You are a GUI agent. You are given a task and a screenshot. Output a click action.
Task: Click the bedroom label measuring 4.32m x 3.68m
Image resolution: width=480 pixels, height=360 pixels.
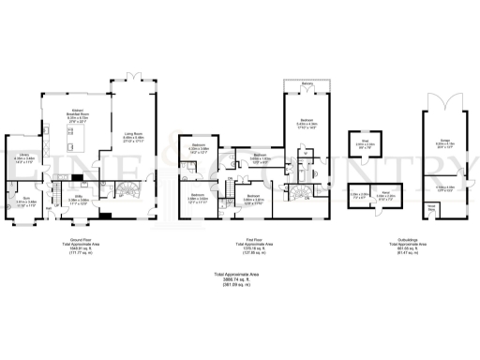tap(200, 148)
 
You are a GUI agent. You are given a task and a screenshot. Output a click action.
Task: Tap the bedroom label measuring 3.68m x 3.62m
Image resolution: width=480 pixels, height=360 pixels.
tap(254, 200)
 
